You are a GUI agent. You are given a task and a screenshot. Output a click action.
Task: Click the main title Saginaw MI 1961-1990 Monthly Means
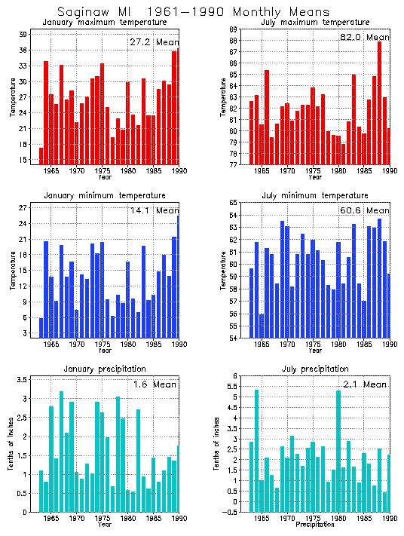193,12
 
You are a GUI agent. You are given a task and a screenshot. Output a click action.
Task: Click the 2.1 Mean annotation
365,384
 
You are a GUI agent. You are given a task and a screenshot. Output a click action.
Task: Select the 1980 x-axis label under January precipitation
129,519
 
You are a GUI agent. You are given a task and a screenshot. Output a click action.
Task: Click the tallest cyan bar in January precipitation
61,451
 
